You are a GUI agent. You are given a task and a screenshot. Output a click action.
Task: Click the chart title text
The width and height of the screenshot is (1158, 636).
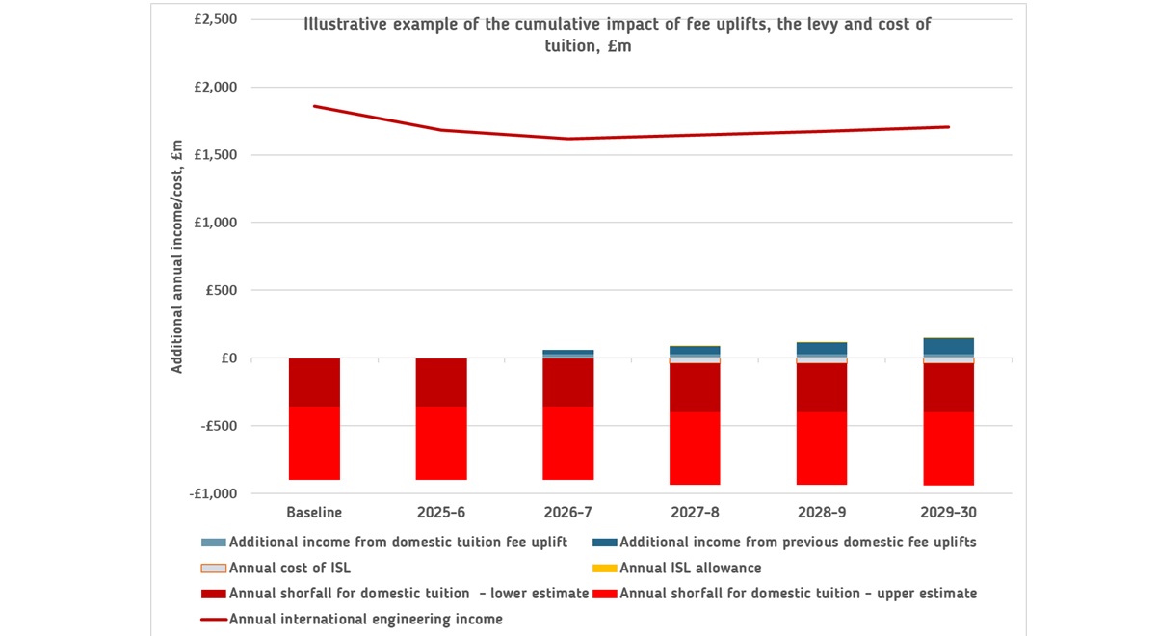click(617, 35)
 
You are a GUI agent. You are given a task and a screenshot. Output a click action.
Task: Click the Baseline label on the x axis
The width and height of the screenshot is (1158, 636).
click(314, 512)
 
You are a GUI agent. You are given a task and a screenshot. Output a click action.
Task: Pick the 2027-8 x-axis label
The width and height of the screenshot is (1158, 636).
click(695, 512)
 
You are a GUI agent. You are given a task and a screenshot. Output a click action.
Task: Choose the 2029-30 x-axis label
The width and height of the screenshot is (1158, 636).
click(949, 512)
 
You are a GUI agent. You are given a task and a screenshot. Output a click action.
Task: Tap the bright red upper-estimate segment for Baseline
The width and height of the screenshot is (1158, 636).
click(314, 443)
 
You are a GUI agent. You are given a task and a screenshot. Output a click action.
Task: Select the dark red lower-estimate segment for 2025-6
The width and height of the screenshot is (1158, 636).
click(441, 382)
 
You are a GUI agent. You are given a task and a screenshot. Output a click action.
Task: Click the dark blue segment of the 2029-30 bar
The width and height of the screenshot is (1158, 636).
click(949, 346)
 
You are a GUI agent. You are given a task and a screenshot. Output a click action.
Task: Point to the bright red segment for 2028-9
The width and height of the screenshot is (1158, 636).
click(822, 448)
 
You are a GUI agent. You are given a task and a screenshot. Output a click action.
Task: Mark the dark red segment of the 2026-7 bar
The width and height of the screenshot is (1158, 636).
click(568, 382)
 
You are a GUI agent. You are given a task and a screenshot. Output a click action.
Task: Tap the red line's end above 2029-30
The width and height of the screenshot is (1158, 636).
click(949, 126)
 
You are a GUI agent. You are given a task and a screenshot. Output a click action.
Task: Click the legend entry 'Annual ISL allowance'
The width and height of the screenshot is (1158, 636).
click(690, 568)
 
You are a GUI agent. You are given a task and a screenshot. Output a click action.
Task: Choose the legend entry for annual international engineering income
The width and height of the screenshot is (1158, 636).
click(365, 619)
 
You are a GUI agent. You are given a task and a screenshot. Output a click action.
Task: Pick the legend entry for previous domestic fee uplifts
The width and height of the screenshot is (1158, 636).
click(798, 543)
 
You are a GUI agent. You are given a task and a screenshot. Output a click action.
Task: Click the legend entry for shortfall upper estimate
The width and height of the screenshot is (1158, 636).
click(798, 594)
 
